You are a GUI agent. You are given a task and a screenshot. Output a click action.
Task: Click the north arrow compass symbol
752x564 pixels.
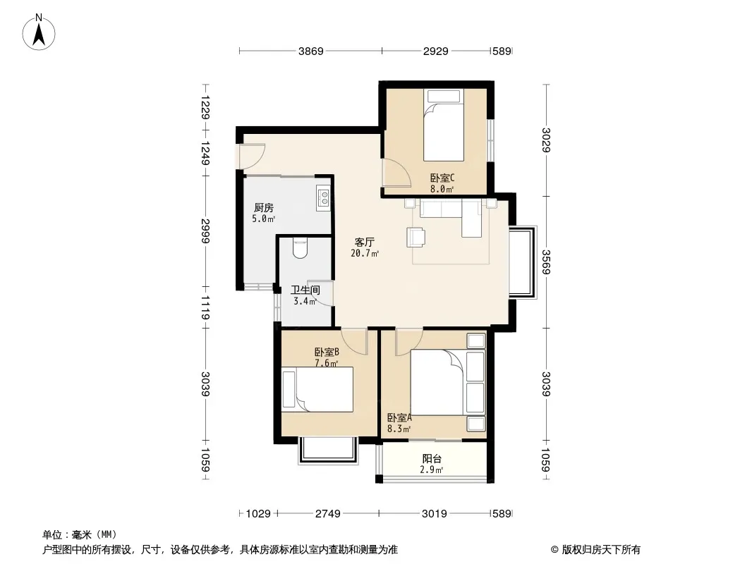click(x=39, y=32)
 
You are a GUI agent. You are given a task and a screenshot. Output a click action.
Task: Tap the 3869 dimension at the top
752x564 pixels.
click(x=311, y=51)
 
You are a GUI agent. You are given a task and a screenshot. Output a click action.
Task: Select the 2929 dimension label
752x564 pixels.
click(x=435, y=51)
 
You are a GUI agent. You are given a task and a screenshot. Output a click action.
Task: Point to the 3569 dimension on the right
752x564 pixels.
click(x=545, y=262)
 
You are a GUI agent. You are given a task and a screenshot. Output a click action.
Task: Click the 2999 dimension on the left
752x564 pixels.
click(x=205, y=231)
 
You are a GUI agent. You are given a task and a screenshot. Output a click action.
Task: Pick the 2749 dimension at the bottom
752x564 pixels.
click(x=327, y=514)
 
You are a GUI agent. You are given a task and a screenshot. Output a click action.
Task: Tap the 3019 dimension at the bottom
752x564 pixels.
click(x=435, y=514)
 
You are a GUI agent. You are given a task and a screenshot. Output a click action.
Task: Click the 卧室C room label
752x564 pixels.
click(x=442, y=178)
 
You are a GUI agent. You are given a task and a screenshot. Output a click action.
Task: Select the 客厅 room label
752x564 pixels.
click(x=365, y=242)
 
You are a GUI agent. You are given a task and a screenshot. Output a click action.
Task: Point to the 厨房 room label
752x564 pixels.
click(x=264, y=207)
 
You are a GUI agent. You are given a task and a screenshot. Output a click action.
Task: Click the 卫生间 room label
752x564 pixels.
click(x=305, y=290)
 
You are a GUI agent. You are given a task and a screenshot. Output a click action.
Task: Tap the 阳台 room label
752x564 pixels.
click(x=432, y=458)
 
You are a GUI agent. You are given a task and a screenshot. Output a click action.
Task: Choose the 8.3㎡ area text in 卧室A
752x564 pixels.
click(x=399, y=429)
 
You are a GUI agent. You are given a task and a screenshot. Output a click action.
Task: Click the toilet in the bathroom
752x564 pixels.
click(x=301, y=248)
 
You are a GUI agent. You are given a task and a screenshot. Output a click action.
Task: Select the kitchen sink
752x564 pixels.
click(x=323, y=197)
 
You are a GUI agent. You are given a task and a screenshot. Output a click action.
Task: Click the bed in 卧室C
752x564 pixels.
click(x=444, y=125)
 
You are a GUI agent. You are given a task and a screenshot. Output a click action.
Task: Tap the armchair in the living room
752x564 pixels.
click(x=416, y=237)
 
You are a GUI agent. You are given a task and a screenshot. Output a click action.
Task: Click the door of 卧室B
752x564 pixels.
click(x=354, y=341)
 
